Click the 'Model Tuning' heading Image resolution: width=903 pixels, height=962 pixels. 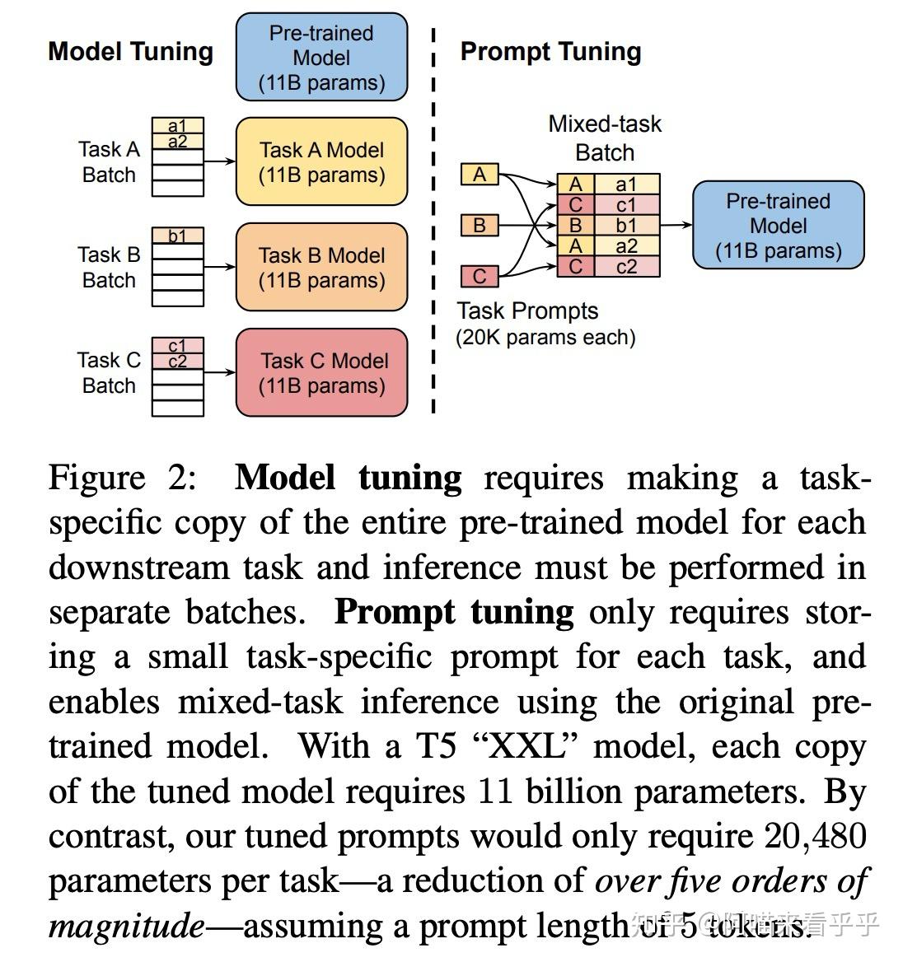(130, 51)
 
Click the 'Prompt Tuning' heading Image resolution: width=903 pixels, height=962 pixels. (550, 51)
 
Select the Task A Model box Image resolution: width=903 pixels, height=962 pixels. (321, 161)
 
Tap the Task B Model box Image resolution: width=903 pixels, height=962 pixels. (321, 267)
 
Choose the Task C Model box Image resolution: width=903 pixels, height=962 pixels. (321, 372)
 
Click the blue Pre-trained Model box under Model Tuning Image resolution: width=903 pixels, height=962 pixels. (321, 58)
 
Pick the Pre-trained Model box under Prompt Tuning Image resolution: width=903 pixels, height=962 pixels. (778, 226)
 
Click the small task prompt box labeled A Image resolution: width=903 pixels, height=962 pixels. (480, 175)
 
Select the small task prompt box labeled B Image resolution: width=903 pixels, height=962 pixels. (480, 225)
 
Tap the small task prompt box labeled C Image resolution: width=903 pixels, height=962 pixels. (480, 276)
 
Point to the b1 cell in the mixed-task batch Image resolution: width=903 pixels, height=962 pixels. (626, 225)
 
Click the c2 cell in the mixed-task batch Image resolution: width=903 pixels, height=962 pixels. (626, 266)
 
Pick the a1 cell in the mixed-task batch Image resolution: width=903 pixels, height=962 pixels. (626, 184)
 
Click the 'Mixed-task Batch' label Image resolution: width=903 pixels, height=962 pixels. (605, 138)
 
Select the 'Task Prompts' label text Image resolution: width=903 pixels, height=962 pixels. (527, 311)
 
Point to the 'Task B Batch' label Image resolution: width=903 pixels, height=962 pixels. (109, 267)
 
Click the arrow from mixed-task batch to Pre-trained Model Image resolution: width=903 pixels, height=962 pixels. (676, 225)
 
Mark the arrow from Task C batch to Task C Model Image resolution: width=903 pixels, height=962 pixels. (219, 372)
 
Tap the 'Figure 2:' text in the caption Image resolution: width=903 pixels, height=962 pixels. (122, 478)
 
